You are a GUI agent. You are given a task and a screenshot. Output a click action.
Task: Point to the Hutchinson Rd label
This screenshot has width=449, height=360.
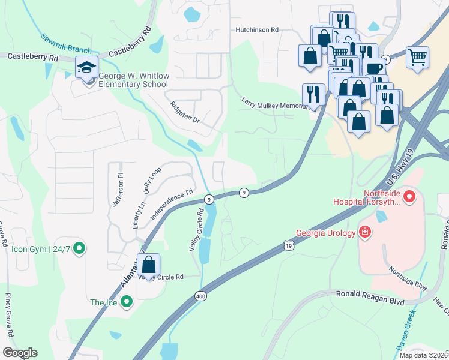click(x=258, y=29)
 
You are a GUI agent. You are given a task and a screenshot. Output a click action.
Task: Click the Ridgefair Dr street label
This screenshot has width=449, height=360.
click(x=184, y=112)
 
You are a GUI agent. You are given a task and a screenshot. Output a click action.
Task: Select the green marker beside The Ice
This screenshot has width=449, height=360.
click(x=126, y=302)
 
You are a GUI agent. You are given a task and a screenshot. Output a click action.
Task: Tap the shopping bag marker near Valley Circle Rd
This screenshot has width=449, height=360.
click(x=149, y=265)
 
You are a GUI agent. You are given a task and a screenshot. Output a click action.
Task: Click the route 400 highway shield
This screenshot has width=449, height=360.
click(x=200, y=296)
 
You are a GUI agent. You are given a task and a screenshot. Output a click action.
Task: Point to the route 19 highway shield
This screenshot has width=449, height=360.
click(x=289, y=245)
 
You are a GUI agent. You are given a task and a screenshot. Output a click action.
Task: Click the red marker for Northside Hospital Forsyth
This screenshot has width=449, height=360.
click(x=410, y=196)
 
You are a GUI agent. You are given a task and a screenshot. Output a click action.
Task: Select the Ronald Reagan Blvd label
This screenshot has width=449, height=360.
click(x=370, y=301)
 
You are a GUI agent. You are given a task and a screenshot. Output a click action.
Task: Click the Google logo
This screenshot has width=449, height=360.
click(x=19, y=353)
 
